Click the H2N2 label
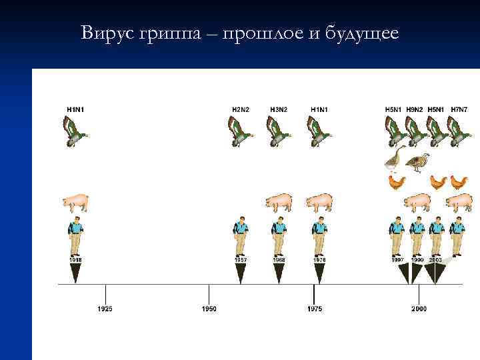241,109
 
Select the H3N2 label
280,109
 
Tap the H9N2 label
417,109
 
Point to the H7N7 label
459,109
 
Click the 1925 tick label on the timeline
105,309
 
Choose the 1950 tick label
209,309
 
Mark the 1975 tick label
314,309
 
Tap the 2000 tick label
419,309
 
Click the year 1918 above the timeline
75,259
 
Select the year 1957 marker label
241,259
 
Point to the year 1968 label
279,259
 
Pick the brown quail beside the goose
418,162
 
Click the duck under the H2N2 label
240,131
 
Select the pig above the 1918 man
75,202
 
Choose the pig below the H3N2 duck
279,202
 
